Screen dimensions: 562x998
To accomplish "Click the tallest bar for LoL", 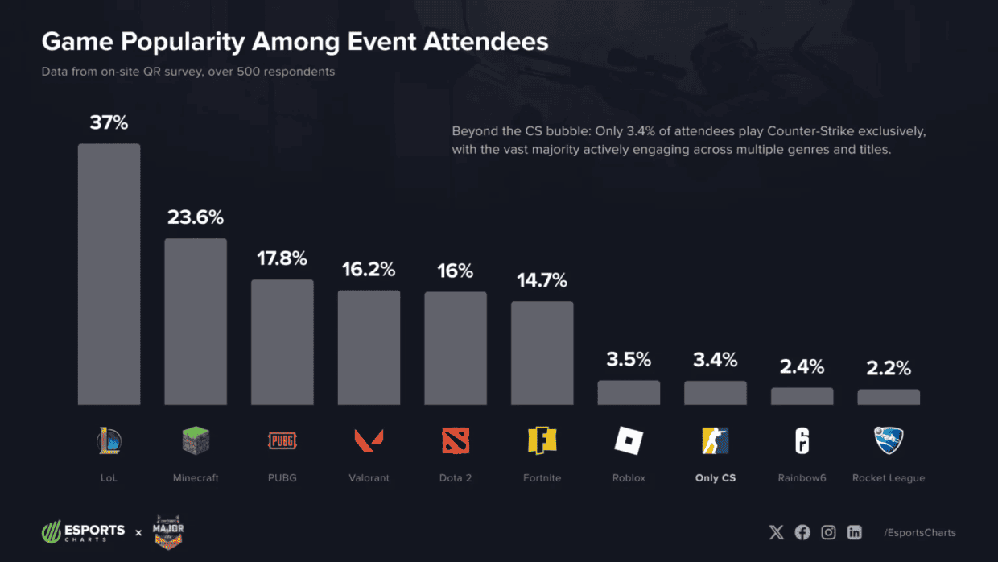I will click(x=109, y=274).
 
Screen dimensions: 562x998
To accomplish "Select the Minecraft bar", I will click(x=196, y=321).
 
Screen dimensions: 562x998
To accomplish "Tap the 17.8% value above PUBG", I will click(x=282, y=258).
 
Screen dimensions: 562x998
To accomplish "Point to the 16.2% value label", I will click(x=369, y=270).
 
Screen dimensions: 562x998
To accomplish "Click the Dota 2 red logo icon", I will click(x=456, y=440).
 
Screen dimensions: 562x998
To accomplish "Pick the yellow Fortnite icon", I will click(x=542, y=440).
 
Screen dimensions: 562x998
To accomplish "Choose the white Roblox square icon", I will click(x=629, y=440).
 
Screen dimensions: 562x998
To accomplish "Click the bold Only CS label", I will click(x=716, y=477).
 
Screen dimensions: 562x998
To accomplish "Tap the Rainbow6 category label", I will click(x=802, y=477).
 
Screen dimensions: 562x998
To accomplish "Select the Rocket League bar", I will click(x=889, y=397).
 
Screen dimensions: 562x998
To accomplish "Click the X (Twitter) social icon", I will click(x=776, y=532).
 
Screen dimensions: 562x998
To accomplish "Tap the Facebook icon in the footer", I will click(x=802, y=532).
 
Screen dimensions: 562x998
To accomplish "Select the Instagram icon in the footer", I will click(x=828, y=532).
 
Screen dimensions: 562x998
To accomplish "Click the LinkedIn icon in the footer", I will click(x=855, y=532).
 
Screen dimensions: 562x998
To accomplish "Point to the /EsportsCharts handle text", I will click(x=920, y=532).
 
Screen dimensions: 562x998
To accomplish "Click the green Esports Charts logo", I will click(x=84, y=532).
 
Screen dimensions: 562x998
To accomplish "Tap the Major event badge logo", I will click(x=169, y=532).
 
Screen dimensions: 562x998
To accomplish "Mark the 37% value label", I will click(x=109, y=123).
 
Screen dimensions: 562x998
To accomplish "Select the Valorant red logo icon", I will click(x=369, y=440).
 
